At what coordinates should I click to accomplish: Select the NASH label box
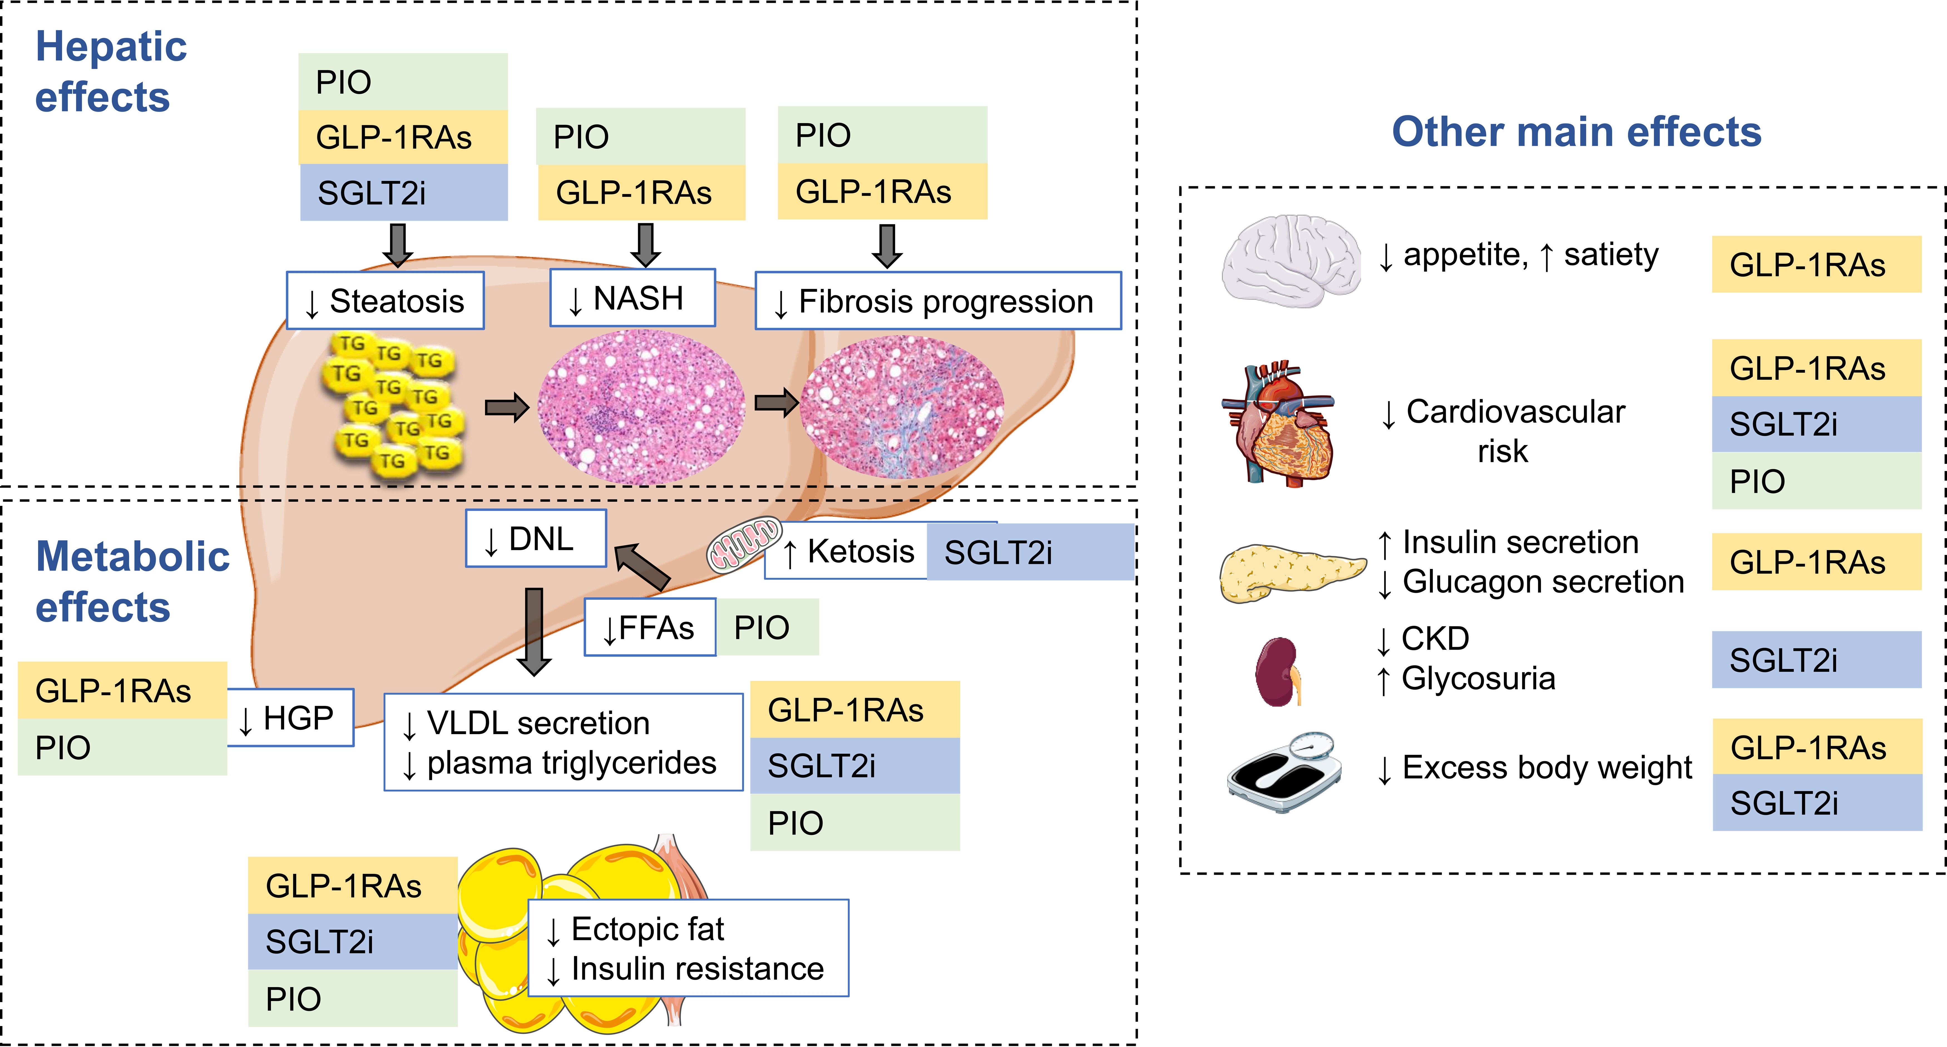click(632, 299)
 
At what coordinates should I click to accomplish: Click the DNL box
click(535, 539)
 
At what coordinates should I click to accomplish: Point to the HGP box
click(290, 718)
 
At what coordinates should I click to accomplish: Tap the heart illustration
click(1277, 423)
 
